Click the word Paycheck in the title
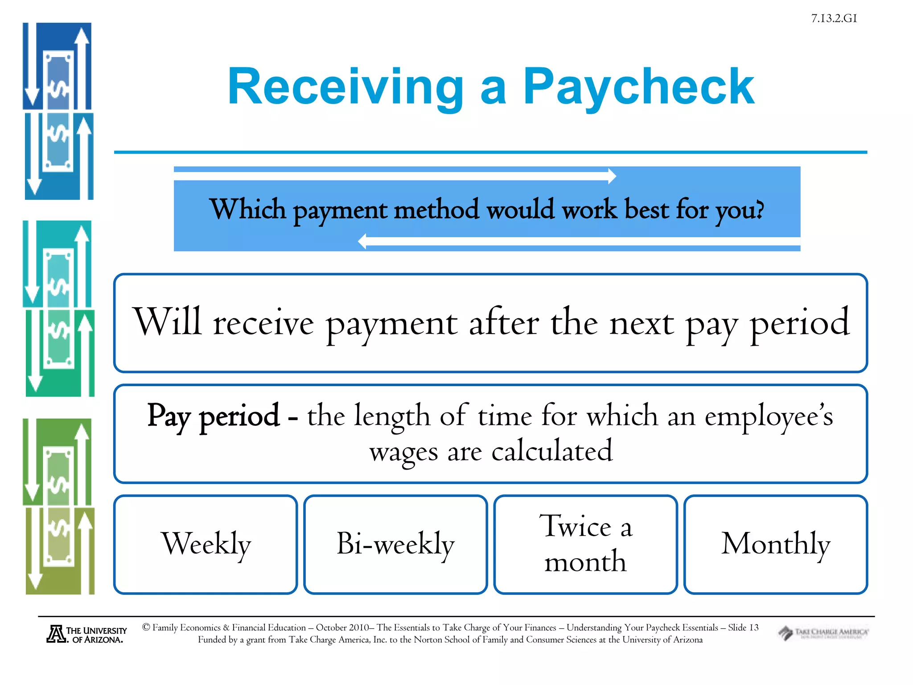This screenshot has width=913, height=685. tap(638, 87)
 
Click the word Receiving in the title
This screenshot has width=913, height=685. tap(346, 87)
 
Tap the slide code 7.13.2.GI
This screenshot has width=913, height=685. tap(834, 18)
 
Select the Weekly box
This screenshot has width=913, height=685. tap(206, 544)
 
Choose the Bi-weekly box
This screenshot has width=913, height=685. tap(395, 544)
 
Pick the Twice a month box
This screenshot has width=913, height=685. tap(585, 544)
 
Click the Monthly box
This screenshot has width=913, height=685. tap(775, 544)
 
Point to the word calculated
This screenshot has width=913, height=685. tap(552, 451)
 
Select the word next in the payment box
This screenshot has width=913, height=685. tap(642, 323)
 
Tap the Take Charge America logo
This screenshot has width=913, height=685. tap(823, 633)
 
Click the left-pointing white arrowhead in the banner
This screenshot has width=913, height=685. tap(362, 242)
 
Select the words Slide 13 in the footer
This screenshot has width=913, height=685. tap(743, 627)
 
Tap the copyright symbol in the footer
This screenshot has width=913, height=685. tap(146, 627)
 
